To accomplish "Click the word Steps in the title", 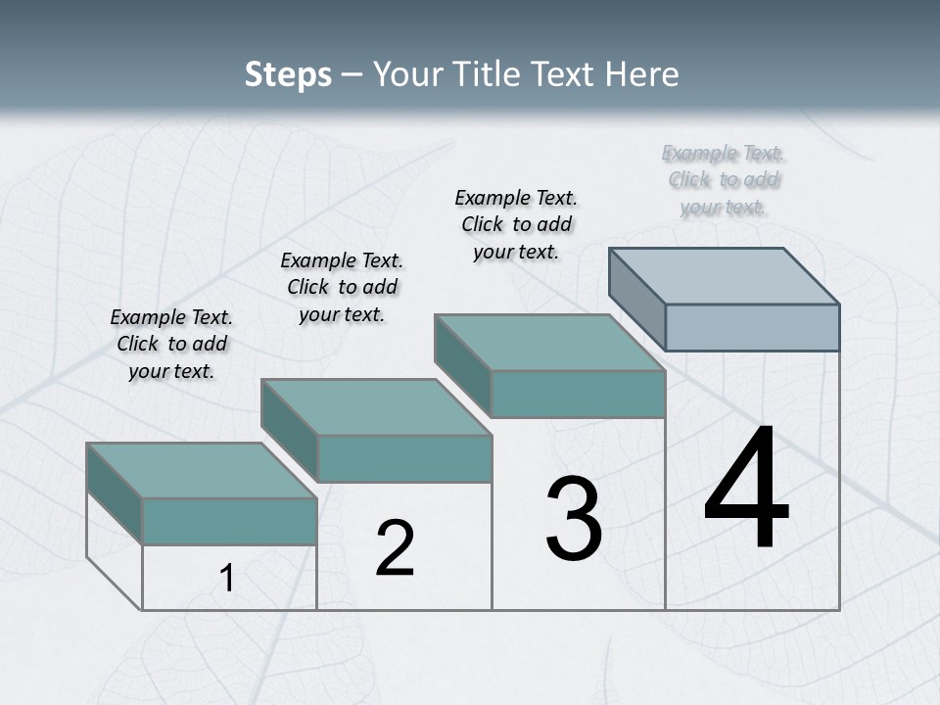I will pos(288,74).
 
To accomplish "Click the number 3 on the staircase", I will pos(574,519).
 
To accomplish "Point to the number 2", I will pos(395,548).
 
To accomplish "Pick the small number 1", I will pos(227,579).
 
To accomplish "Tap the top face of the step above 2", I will pos(376,406).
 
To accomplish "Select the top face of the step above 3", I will pos(550,342).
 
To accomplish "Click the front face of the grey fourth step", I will pos(752,327).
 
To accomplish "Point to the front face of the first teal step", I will pos(229,521).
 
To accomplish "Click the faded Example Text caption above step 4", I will pos(724,180).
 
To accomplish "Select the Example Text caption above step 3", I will pos(516,224).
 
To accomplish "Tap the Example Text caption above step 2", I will pos(342,287).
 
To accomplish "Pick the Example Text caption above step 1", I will pos(171,344).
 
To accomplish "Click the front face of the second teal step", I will pos(404,458).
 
